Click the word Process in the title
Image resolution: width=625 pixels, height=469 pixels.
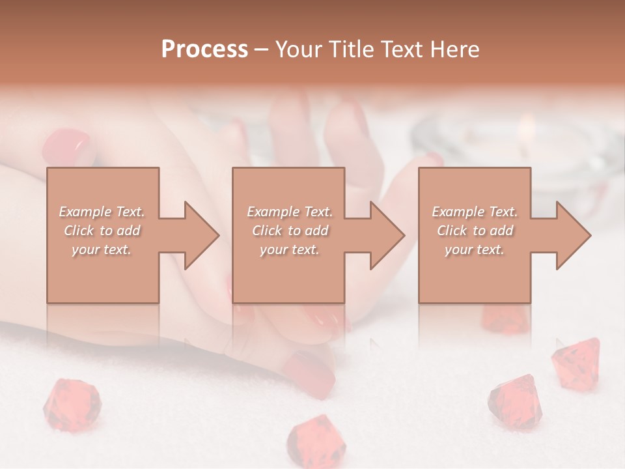pyautogui.click(x=204, y=50)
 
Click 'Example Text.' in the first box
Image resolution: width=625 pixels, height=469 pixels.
pyautogui.click(x=102, y=212)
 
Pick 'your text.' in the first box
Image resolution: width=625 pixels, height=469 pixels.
pyautogui.click(x=102, y=249)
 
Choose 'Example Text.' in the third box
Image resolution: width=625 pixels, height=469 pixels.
pyautogui.click(x=475, y=212)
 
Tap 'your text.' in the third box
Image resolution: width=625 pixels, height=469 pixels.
pyautogui.click(x=475, y=249)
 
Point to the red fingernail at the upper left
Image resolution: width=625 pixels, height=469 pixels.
pyautogui.click(x=66, y=147)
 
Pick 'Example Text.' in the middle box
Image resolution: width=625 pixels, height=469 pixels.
pyautogui.click(x=290, y=212)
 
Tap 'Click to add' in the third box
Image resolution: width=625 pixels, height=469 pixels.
pyautogui.click(x=475, y=231)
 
